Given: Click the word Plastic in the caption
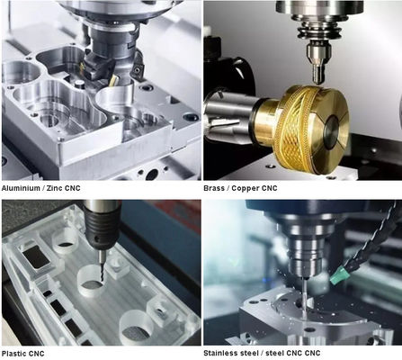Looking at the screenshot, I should click(13, 354).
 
